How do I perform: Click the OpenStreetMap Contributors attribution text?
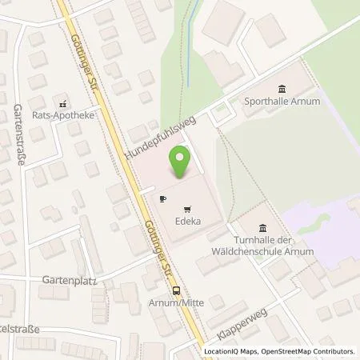coord(314,351)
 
